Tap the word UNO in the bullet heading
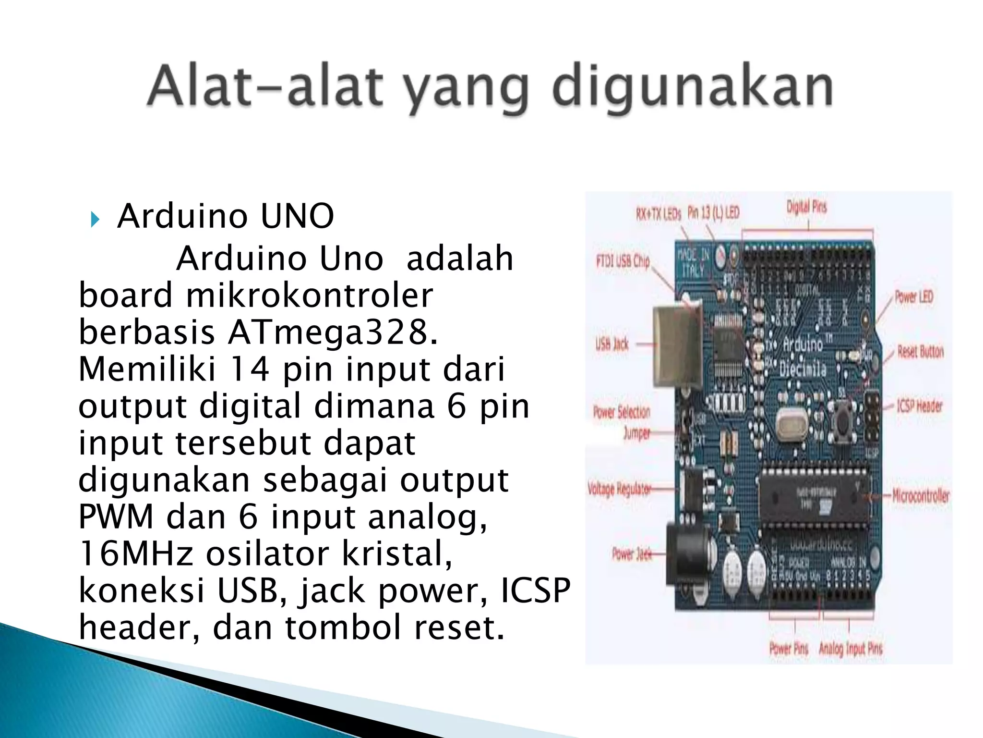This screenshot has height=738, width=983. [x=297, y=216]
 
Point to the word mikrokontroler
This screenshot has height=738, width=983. [x=310, y=295]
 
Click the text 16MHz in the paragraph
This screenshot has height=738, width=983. [x=136, y=553]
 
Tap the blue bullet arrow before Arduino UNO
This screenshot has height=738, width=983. [x=95, y=220]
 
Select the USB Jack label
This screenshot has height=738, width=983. [x=612, y=344]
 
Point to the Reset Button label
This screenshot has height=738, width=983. [x=920, y=352]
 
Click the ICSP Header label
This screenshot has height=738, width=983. [x=920, y=406]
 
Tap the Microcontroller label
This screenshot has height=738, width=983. [x=921, y=495]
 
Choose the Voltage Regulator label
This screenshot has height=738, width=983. [x=619, y=489]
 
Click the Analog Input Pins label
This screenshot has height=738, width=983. [x=851, y=649]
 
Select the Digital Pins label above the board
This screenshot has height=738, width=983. [x=806, y=207]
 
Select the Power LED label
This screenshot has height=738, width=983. [x=913, y=297]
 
